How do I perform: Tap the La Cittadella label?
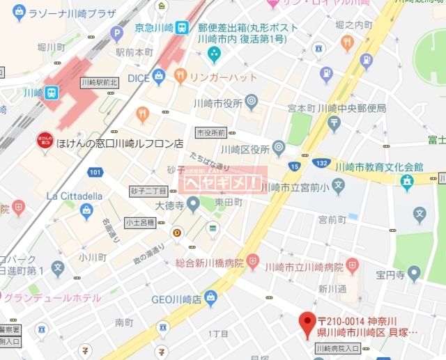point(74,196)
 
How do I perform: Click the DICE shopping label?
point(139,78)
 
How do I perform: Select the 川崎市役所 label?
point(217,103)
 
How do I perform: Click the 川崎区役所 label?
point(245,148)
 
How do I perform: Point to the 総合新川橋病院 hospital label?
point(209,264)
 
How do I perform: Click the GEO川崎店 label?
point(176,299)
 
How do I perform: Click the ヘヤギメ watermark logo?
point(222,182)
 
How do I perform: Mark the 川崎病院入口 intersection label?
point(337,348)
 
